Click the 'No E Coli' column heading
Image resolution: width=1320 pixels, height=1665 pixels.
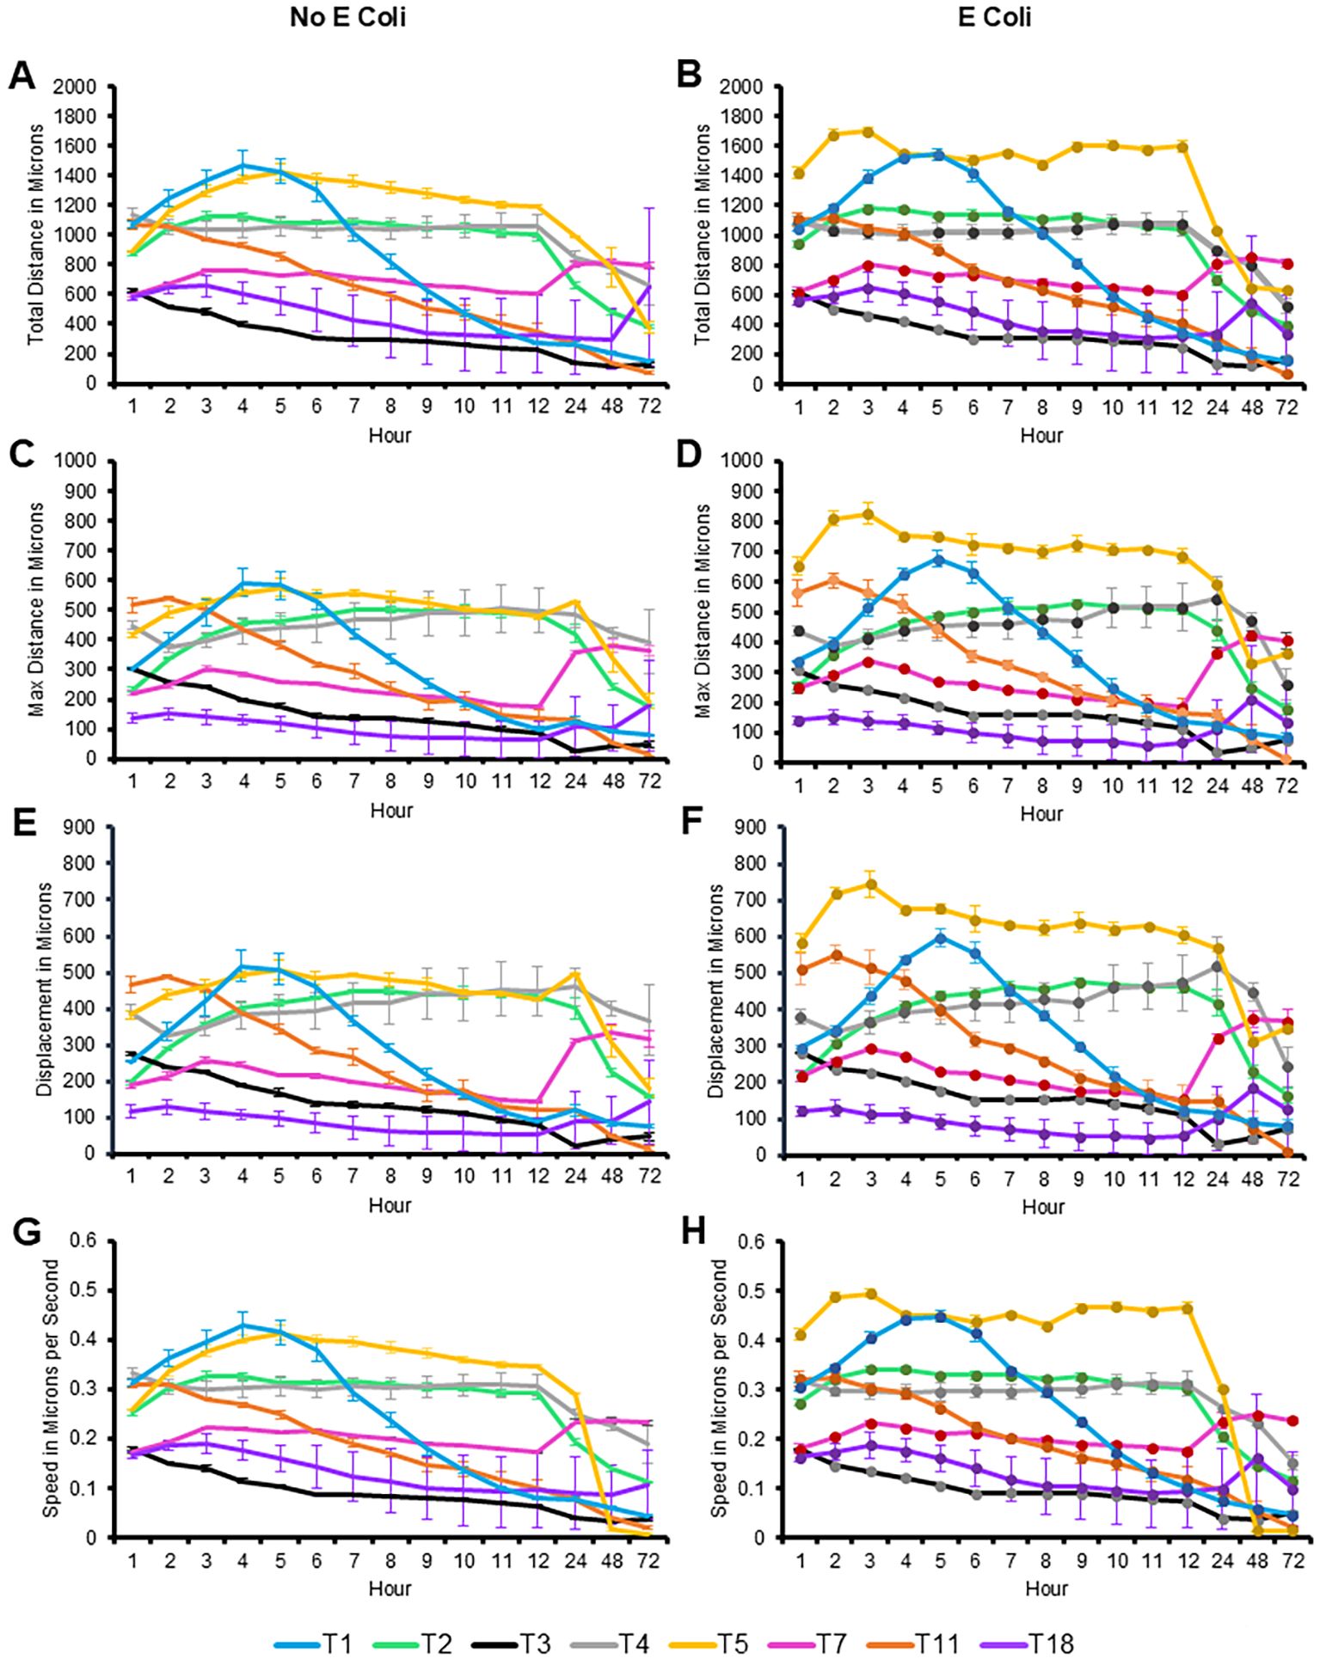click(347, 17)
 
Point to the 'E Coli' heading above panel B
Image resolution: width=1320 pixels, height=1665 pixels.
click(995, 17)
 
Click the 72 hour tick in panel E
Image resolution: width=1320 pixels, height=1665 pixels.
click(649, 1175)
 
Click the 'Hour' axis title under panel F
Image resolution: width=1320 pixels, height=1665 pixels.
click(1043, 1207)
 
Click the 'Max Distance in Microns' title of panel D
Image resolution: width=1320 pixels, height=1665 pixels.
click(705, 611)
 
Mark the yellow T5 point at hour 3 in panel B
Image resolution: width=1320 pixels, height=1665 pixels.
click(868, 132)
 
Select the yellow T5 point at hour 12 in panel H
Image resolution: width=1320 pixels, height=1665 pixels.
click(1188, 1308)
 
